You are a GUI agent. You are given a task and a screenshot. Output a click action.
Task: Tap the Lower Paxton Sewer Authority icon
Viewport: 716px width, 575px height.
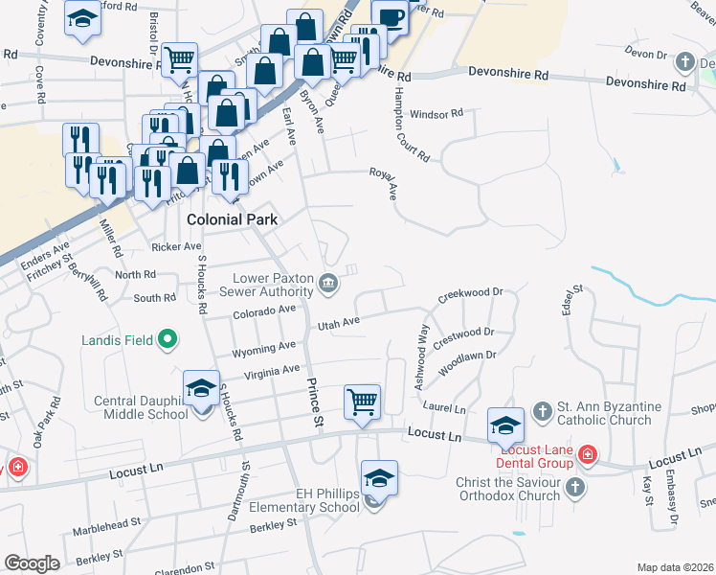click(328, 282)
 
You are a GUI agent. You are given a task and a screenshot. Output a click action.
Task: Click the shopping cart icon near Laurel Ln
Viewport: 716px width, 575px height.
click(363, 402)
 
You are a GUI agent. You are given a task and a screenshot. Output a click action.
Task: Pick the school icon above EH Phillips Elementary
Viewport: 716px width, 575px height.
click(380, 477)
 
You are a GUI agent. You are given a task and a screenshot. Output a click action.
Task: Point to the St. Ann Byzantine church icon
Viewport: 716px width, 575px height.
click(542, 411)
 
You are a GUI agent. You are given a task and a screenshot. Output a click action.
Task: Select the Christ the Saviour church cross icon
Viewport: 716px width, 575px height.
click(574, 488)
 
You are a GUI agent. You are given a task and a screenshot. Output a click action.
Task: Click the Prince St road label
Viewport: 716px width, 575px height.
click(313, 402)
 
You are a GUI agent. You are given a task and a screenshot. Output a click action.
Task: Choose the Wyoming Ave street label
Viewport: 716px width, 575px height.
click(257, 347)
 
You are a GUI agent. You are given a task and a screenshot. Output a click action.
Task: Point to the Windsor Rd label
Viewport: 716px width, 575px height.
click(436, 114)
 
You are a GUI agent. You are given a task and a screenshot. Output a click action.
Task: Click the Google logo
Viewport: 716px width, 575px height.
click(32, 563)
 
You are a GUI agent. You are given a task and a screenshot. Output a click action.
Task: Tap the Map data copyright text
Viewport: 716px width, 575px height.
click(675, 567)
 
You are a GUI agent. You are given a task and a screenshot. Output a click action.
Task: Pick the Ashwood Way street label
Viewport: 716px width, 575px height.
click(420, 356)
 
